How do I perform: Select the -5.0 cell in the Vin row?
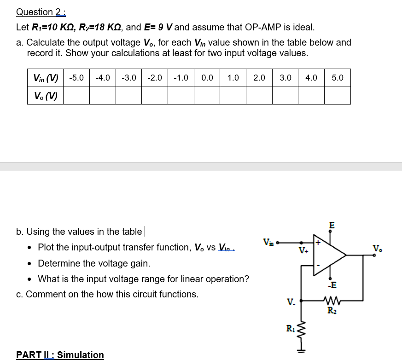point(76,78)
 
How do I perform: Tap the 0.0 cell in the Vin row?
point(207,78)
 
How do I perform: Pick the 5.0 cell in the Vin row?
point(338,78)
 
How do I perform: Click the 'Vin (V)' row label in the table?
point(46,78)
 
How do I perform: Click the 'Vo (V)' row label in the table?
point(46,96)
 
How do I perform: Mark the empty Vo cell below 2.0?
point(259,96)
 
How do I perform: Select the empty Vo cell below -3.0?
point(128,96)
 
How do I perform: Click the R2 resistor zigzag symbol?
point(332,302)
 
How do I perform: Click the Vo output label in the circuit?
point(377,249)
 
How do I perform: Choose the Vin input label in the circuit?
point(268,242)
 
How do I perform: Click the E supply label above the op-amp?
point(332,225)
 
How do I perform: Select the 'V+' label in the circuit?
point(303,251)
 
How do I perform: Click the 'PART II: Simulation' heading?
point(60,354)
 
